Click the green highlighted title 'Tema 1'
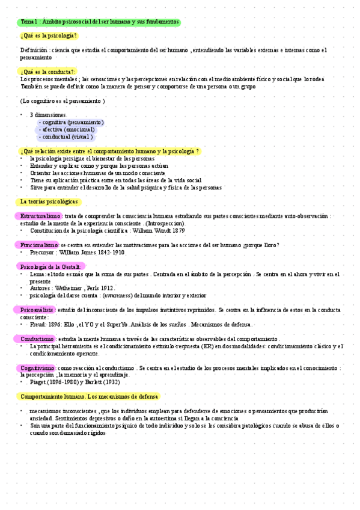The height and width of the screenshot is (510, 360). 99,22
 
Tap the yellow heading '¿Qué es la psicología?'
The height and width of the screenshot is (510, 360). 49,36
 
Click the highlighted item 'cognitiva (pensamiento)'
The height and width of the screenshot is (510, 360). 70,122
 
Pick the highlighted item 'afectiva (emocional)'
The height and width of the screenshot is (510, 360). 67,129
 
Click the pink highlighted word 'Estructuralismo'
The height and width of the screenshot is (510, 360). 40,216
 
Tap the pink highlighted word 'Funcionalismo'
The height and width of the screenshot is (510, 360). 38,245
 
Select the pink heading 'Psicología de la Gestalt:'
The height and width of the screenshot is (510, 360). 50,266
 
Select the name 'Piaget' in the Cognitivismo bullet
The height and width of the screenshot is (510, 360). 39,382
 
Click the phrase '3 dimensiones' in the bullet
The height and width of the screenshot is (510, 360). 47,114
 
